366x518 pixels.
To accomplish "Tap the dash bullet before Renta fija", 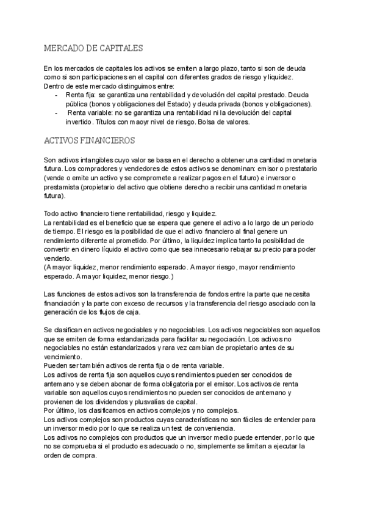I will tap(56, 95).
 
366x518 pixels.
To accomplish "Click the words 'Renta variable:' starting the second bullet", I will tap(90, 113).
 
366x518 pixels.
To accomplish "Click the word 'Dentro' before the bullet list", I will tap(56, 86).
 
